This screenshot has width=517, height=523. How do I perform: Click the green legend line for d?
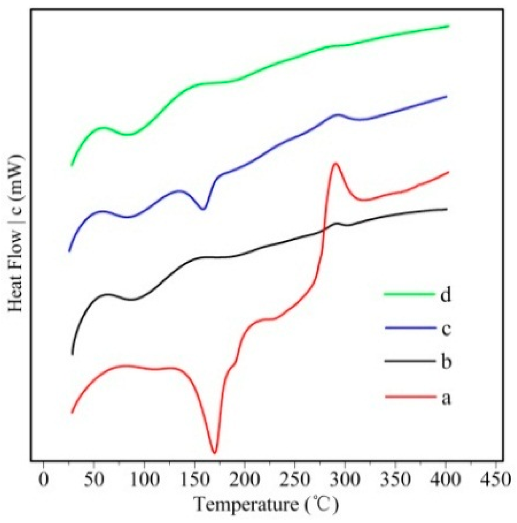[409, 294]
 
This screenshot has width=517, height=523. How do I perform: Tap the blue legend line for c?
[409, 328]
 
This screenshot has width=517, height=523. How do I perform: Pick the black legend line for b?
[409, 361]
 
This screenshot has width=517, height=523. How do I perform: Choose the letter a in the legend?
[446, 397]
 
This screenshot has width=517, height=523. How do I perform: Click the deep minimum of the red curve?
[214, 452]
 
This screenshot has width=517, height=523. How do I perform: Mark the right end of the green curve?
[448, 26]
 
